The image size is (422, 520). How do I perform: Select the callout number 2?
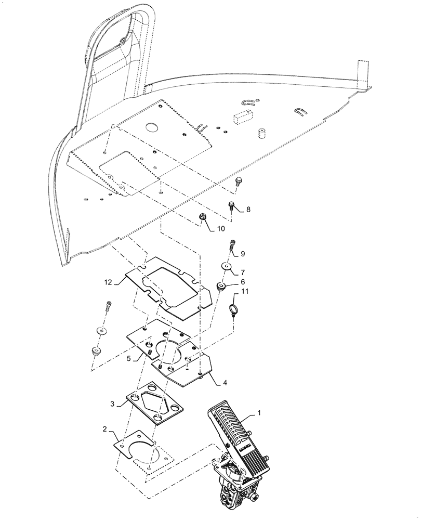(105, 430)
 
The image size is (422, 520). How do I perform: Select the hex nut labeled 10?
(202, 217)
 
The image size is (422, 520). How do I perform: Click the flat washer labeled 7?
(226, 266)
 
